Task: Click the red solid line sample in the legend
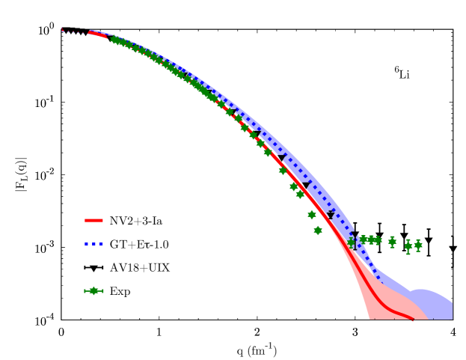tap(93, 220)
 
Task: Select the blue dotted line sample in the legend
tap(93, 244)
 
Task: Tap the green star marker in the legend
tap(93, 290)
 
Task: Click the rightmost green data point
tap(418, 245)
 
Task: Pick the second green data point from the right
tap(408, 246)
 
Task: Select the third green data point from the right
tap(392, 242)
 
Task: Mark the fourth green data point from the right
tap(378, 240)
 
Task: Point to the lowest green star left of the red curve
tap(318, 231)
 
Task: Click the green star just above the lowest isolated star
tap(312, 215)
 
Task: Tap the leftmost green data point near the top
tap(114, 40)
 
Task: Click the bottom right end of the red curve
tap(412, 320)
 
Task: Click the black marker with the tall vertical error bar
tap(354, 240)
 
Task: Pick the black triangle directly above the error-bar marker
tap(331, 216)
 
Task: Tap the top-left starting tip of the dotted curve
tap(62, 30)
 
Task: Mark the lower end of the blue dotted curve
tap(380, 281)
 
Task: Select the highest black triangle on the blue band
tap(233, 113)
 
